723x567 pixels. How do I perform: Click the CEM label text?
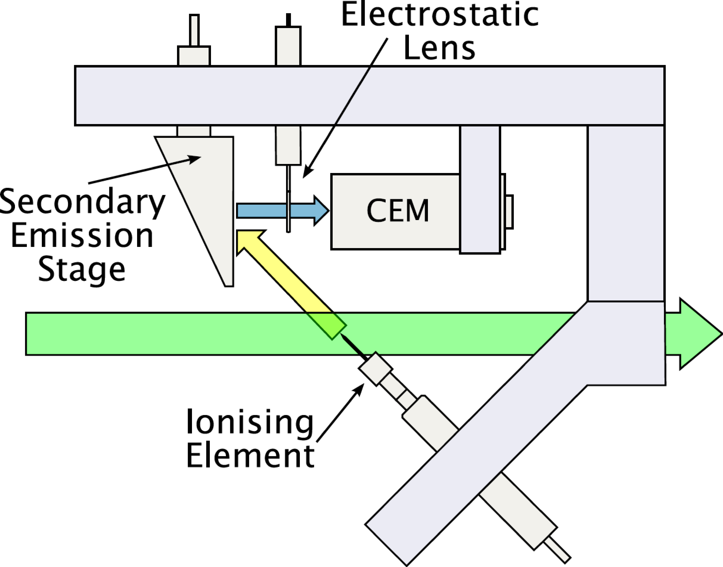click(398, 211)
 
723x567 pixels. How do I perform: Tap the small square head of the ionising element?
click(375, 369)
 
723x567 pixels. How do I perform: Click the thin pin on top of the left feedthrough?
click(194, 30)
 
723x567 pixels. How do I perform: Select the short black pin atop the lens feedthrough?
click(288, 19)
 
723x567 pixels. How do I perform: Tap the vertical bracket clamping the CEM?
click(480, 189)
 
